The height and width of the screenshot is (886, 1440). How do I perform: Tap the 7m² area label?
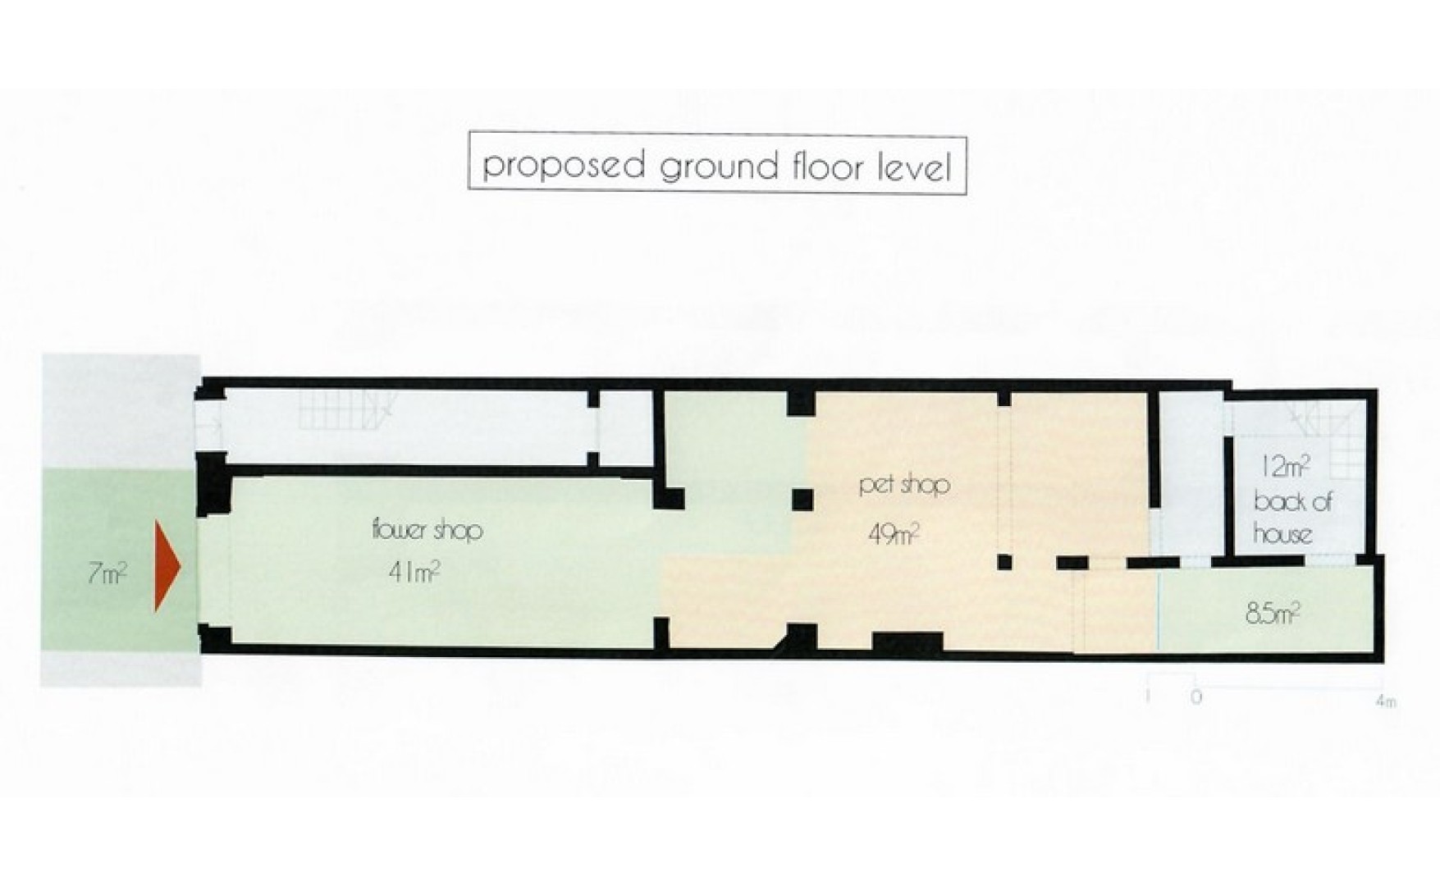(x=107, y=573)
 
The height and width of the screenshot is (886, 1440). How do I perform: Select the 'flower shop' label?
(x=427, y=530)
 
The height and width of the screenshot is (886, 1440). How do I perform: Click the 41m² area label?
(x=414, y=572)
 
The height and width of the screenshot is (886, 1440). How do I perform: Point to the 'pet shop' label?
(x=904, y=485)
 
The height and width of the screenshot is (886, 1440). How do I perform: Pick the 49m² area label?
(x=894, y=535)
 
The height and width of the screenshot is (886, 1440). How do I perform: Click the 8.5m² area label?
(x=1272, y=614)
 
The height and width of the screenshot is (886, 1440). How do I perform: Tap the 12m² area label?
(x=1284, y=468)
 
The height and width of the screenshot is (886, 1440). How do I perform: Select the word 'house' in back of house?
(x=1282, y=534)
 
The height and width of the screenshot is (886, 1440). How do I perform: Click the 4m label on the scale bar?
(x=1385, y=701)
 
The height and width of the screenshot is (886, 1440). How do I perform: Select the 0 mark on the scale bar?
(x=1196, y=698)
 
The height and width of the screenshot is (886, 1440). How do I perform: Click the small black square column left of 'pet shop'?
(x=802, y=499)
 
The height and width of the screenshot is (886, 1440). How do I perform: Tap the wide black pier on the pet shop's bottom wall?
(x=907, y=642)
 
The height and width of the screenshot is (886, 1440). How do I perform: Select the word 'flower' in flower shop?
(x=399, y=529)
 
